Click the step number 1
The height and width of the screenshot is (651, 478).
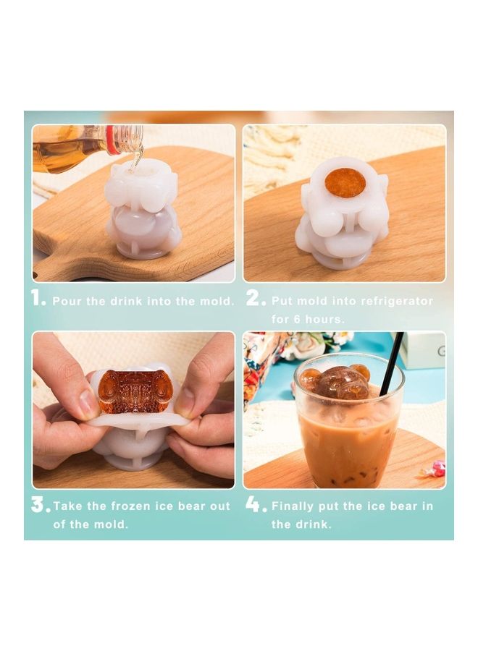pyautogui.click(x=38, y=299)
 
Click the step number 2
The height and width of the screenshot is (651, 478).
pyautogui.click(x=255, y=299)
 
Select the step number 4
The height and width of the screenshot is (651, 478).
pyautogui.click(x=255, y=505)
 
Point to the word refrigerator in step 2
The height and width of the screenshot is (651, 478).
pyautogui.click(x=396, y=301)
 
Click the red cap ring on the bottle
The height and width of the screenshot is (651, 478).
pyautogui.click(x=112, y=139)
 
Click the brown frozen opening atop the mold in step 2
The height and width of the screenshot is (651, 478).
pyautogui.click(x=345, y=182)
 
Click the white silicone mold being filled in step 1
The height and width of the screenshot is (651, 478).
pyautogui.click(x=142, y=210)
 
